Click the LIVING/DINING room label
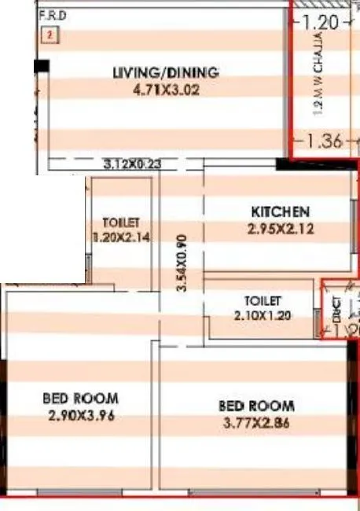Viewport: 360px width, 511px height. tap(165, 73)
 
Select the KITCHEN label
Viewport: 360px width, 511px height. tap(280, 211)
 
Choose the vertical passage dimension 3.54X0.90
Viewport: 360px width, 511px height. tap(182, 264)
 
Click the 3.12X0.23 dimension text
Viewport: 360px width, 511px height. tap(131, 165)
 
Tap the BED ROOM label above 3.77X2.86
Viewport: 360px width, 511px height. tap(256, 406)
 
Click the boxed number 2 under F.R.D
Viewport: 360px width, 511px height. tap(50, 35)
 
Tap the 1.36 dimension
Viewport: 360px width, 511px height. tap(323, 142)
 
